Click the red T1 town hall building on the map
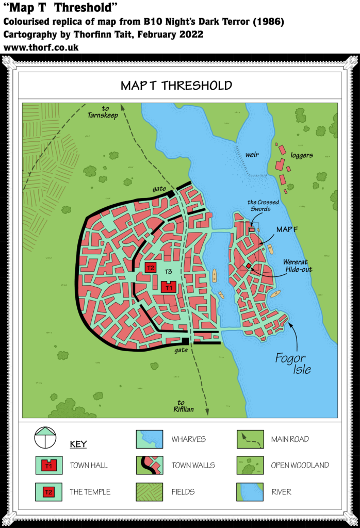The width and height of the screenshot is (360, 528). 169,287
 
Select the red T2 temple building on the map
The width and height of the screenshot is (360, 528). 150,268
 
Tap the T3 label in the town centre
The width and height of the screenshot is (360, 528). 168,272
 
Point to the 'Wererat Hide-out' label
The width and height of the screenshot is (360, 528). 298,266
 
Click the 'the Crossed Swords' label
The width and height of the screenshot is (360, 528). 259,206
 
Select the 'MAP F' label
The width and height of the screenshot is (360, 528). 287,229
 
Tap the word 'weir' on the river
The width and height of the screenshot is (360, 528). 252,154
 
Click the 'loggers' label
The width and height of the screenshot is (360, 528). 302,155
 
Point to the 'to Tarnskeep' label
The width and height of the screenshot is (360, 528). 103,112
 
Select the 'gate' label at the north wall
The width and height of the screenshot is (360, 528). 159,189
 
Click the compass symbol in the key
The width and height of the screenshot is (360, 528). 46,439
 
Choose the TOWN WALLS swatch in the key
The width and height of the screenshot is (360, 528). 149,466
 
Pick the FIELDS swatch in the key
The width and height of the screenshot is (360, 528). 149,492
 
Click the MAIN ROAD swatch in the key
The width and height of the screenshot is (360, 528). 250,439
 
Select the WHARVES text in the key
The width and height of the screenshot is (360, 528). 189,439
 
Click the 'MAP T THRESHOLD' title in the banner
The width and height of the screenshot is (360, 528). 176,85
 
